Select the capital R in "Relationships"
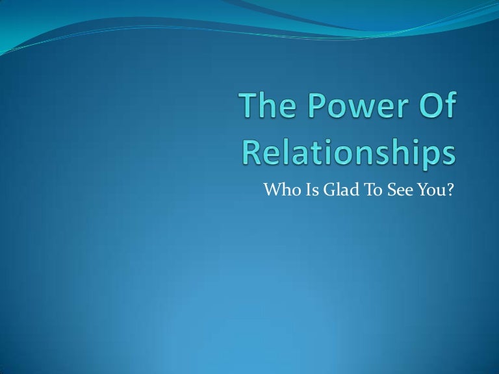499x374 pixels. (x=253, y=154)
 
